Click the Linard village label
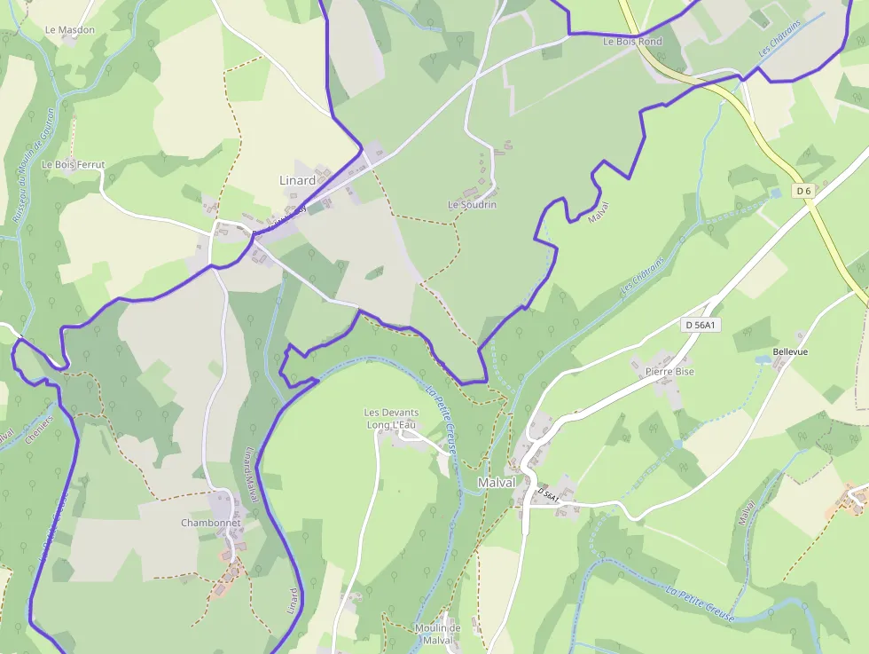298,180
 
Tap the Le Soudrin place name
472,205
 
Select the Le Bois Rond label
632,42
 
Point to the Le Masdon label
70,29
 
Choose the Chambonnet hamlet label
211,523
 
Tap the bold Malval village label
497,482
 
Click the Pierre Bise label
669,372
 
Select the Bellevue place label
790,351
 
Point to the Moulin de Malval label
438,634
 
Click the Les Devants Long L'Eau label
391,419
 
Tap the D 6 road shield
804,191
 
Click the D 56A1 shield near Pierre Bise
701,326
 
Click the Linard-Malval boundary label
249,474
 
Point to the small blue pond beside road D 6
776,193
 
